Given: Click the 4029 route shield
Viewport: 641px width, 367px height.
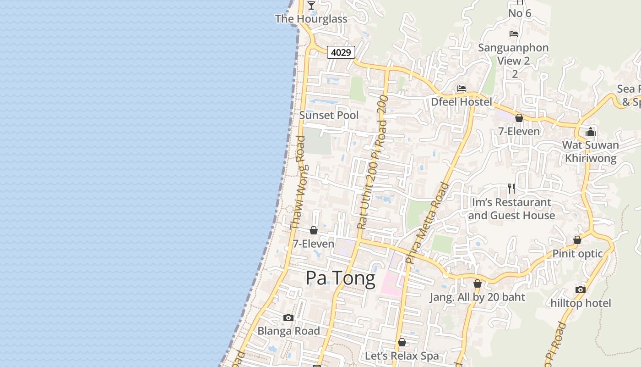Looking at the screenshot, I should [x=341, y=52].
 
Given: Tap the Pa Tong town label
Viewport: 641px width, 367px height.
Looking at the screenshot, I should [x=340, y=278].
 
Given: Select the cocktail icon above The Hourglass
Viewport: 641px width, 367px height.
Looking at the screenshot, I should [x=311, y=6].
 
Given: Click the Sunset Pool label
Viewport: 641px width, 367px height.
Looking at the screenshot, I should [x=329, y=115].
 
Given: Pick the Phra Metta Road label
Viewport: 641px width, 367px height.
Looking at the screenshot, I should [x=427, y=223].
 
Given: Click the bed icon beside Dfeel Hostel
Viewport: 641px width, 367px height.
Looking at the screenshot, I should [x=461, y=89].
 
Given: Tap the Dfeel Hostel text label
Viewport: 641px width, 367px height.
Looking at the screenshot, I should [x=462, y=102].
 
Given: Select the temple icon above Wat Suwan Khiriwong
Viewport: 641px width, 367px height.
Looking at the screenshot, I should [x=591, y=132].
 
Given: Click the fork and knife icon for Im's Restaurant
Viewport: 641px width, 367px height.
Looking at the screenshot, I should [x=511, y=188].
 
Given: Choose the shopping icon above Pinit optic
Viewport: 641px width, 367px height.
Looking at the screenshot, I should [x=577, y=240].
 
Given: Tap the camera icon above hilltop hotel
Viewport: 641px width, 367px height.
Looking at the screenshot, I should [x=581, y=289].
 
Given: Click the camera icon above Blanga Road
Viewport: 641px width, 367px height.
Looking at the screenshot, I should [x=288, y=317].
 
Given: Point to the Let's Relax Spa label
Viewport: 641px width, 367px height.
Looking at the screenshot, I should [x=402, y=356].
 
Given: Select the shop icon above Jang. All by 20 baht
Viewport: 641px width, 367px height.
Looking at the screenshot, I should [x=478, y=284].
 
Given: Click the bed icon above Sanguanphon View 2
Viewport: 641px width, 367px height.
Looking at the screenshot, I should [x=514, y=34].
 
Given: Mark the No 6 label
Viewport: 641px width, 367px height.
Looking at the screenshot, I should [x=520, y=13].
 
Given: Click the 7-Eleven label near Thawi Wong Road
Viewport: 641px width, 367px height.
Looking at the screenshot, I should [x=314, y=244].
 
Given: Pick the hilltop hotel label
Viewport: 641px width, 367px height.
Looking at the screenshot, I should [x=581, y=303].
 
